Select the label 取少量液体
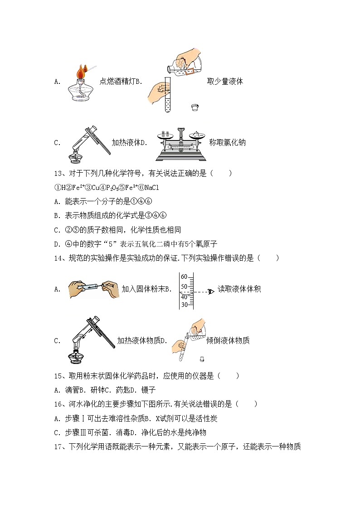(x=225, y=82)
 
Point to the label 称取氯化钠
(x=227, y=142)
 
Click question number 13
(x=58, y=173)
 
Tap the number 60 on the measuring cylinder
(x=184, y=276)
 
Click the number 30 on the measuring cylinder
(x=184, y=305)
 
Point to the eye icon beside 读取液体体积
(x=209, y=291)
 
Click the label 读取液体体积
(x=239, y=289)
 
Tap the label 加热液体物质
(x=139, y=340)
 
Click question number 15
(x=58, y=376)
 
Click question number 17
(x=58, y=447)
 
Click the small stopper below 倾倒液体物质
(x=200, y=360)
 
